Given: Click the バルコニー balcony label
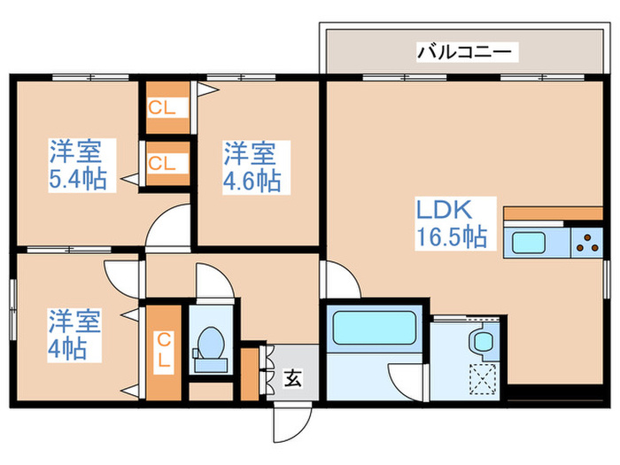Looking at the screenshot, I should (463, 52).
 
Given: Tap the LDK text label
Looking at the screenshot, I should (449, 212).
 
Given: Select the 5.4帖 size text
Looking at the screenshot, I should (78, 179).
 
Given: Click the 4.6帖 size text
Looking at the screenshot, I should (252, 181).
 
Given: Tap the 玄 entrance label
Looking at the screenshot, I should (293, 379).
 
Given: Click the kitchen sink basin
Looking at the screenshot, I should (530, 242).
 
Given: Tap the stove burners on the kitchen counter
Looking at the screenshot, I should (585, 242).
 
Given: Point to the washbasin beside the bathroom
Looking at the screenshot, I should (482, 341).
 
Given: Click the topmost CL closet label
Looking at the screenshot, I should (167, 109).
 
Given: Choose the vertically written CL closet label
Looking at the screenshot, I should (164, 350).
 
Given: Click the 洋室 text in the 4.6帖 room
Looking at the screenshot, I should (249, 153).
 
